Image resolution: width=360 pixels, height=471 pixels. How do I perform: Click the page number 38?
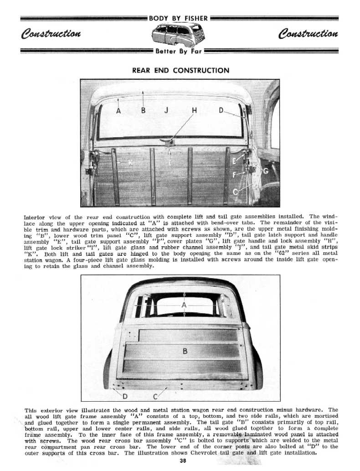[x=181, y=459]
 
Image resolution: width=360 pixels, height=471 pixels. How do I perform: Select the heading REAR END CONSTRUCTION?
[x=180, y=70]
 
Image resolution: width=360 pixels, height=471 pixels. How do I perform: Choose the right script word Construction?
[x=309, y=34]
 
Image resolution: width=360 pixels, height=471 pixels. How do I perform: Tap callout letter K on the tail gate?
[x=131, y=162]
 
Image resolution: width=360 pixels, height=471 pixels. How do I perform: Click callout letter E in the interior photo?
[x=235, y=161]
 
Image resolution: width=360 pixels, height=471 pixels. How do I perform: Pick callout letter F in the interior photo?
[x=235, y=174]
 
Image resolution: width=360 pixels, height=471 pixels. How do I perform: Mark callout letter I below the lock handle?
[x=170, y=163]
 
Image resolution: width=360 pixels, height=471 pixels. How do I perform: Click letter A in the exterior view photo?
[x=184, y=305]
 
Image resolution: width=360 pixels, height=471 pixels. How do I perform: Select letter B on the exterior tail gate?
[x=185, y=351]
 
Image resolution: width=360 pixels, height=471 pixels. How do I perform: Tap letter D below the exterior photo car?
[x=124, y=396]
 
